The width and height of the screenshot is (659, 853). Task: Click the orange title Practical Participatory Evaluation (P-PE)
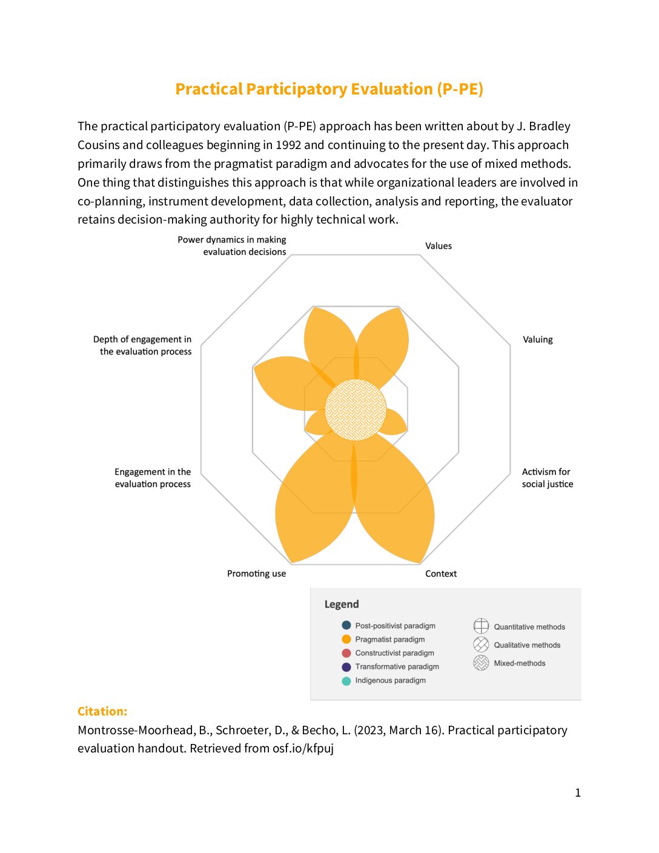pos(329,89)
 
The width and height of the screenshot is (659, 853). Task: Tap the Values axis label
pos(439,246)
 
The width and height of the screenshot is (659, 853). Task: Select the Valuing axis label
pos(538,340)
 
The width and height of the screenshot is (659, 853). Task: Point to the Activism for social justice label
pos(547,478)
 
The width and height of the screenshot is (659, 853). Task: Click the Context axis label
pos(441,574)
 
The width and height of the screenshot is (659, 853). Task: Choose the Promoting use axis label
pos(256,574)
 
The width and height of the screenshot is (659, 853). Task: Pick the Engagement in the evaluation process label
pos(153,478)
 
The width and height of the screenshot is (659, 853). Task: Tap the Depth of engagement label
pos(143,345)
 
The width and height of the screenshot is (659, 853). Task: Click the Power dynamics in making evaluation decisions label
pos(233,246)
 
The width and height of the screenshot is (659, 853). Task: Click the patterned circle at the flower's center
pos(356,410)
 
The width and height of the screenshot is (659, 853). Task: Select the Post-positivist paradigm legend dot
pos(346,625)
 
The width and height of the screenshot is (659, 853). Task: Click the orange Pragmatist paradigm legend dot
pos(346,639)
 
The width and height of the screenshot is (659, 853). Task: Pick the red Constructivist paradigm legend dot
pos(346,653)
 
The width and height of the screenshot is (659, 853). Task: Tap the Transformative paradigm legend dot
pos(346,667)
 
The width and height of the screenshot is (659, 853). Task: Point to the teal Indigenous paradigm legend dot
pos(346,681)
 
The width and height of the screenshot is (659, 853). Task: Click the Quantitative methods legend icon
pos(481,626)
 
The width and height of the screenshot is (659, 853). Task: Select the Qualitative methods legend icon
pos(481,645)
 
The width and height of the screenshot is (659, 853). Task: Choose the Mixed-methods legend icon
pos(481,663)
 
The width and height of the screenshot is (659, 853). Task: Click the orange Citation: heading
pos(102,711)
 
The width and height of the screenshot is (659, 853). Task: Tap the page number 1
pos(578,792)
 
